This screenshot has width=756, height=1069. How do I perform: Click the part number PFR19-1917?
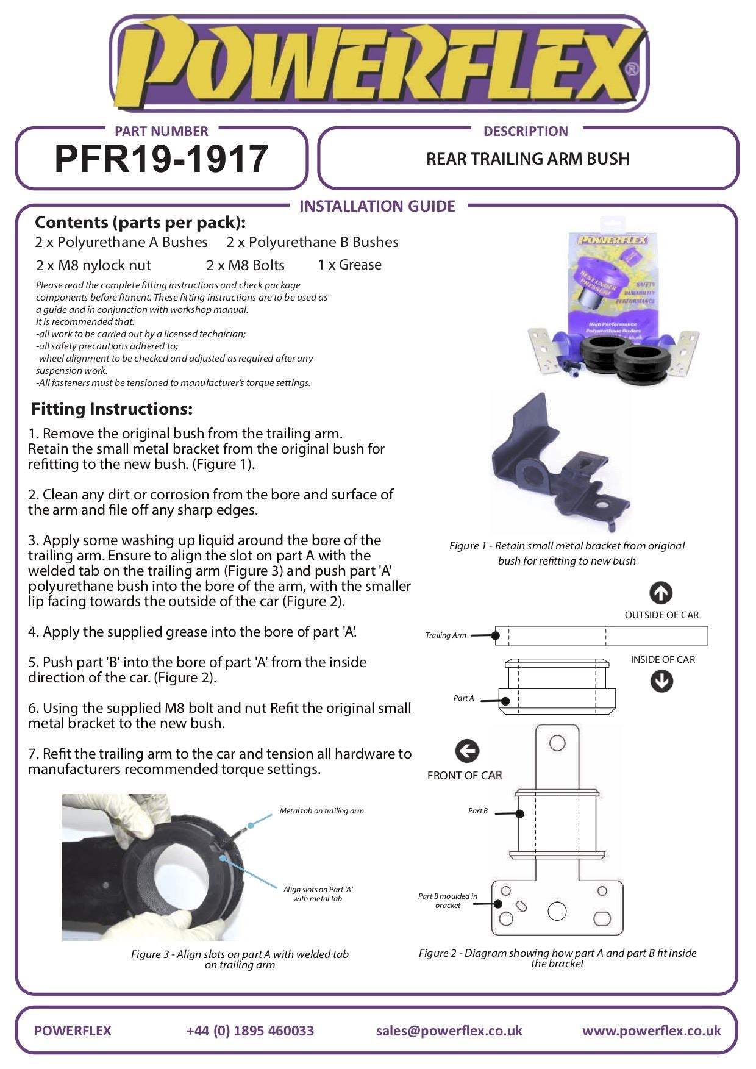162,159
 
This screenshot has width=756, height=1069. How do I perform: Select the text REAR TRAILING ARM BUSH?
527,159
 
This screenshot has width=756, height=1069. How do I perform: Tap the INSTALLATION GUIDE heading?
377,206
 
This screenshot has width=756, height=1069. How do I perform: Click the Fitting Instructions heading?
112,409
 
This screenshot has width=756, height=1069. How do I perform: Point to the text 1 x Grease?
349,265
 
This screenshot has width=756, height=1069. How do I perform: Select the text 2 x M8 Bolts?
245,265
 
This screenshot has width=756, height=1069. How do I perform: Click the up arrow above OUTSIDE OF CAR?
661,593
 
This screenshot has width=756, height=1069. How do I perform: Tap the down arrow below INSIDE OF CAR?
661,681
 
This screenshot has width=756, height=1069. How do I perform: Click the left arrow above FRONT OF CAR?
467,751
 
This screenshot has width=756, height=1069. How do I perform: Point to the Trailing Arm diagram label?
446,635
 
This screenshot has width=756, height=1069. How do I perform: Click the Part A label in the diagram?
463,698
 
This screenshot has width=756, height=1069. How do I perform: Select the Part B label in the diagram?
477,811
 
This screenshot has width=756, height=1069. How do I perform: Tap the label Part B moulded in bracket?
448,901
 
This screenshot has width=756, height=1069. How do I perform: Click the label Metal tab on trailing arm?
321,811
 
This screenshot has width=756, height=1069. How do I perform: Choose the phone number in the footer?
250,1031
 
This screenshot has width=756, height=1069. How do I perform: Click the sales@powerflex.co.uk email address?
449,1031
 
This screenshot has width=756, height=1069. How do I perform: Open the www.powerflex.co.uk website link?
651,1031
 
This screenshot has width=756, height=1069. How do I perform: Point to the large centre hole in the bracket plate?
557,911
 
